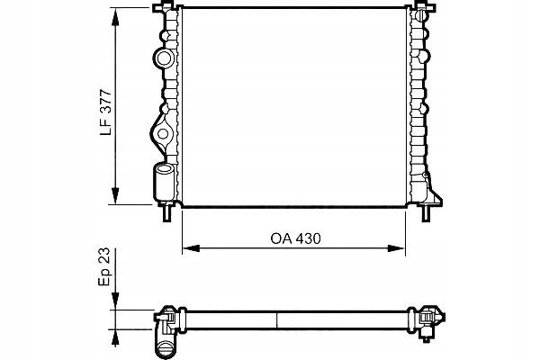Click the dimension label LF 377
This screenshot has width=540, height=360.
(x=106, y=112)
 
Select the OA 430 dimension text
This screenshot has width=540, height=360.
(x=295, y=239)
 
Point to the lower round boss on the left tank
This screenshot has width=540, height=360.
(x=163, y=136)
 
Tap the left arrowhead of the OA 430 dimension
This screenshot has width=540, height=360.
(x=188, y=247)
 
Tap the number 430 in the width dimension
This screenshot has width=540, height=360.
(x=308, y=239)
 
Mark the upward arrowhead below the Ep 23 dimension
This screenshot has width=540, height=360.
(x=116, y=331)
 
